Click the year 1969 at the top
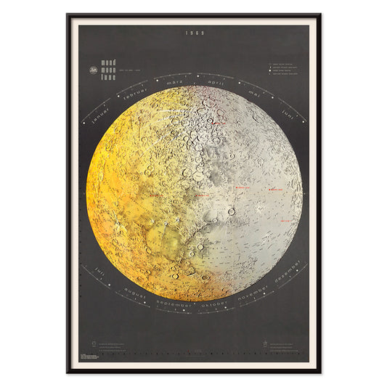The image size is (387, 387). [194, 33]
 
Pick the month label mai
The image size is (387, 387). [256, 92]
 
